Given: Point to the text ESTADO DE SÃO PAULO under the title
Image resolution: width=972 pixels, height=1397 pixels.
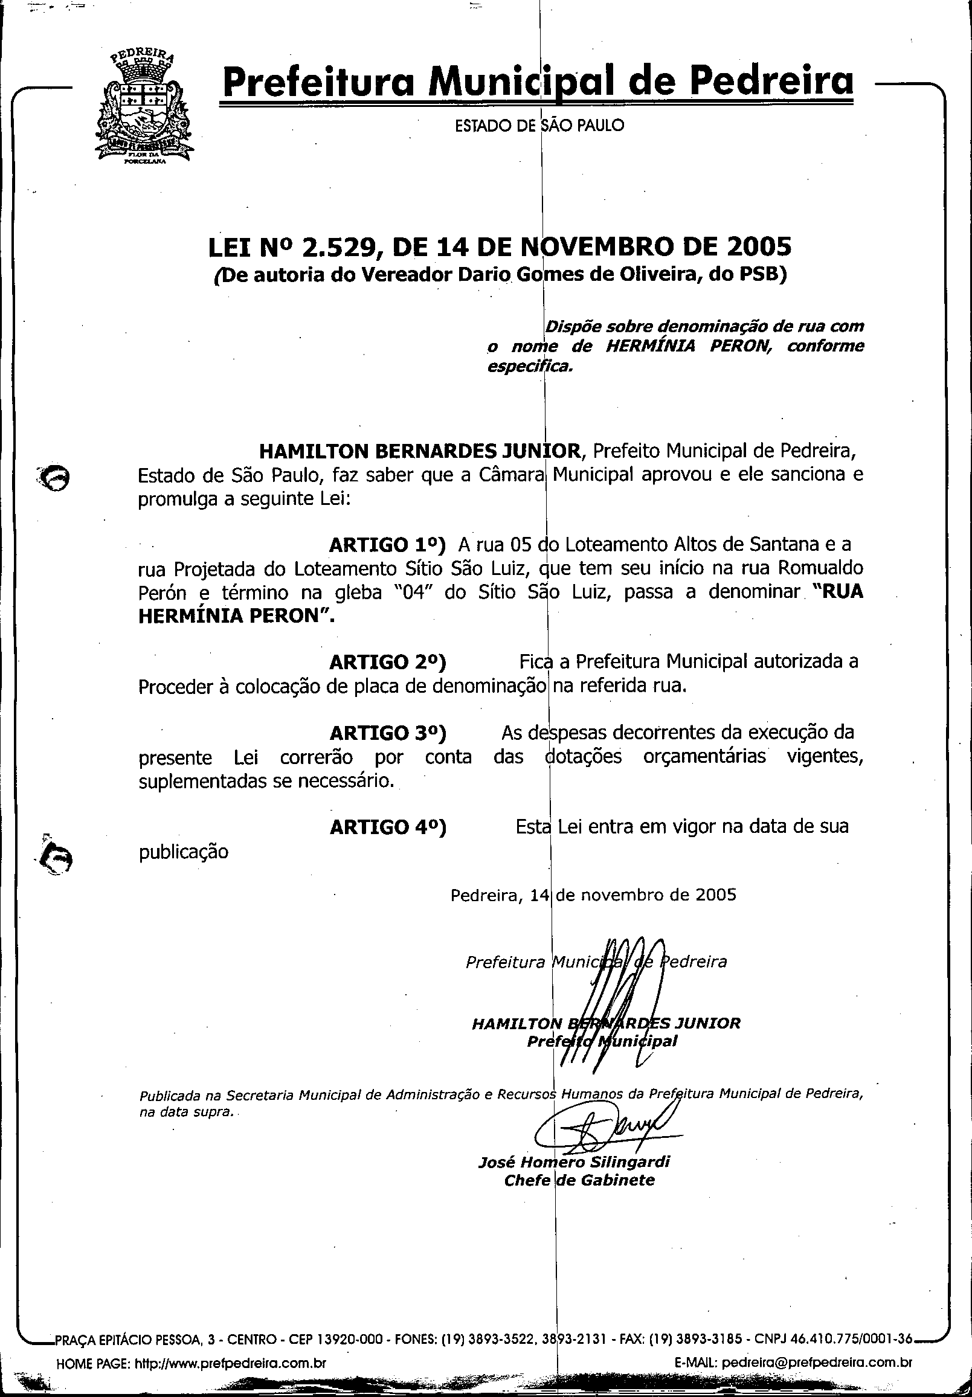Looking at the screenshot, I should (539, 126).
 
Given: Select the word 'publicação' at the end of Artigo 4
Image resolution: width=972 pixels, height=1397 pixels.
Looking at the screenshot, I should (183, 852).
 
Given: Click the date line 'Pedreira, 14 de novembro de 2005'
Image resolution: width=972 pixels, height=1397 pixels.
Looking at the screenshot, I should (593, 895).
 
